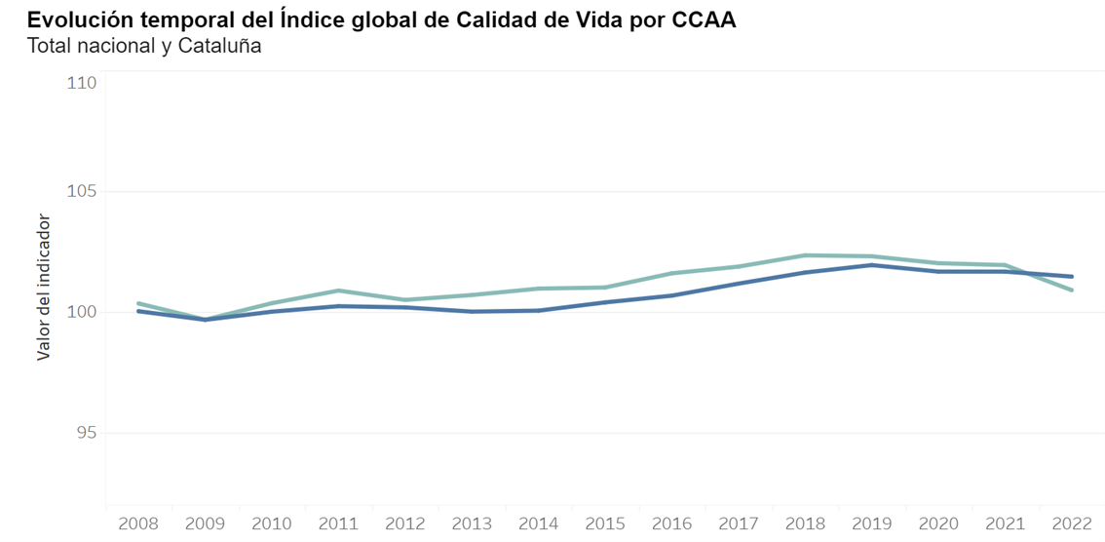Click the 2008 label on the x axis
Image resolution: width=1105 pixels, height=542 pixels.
(x=138, y=524)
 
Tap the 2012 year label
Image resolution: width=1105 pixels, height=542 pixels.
(x=405, y=524)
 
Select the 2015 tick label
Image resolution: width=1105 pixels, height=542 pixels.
(x=605, y=524)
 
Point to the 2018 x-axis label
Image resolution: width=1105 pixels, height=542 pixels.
(x=805, y=524)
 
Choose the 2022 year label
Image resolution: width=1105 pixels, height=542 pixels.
(x=1072, y=524)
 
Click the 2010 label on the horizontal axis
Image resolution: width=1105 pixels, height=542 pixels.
(x=272, y=524)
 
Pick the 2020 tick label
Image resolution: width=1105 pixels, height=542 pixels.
(x=938, y=524)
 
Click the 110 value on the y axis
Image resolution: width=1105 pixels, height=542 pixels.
(x=82, y=84)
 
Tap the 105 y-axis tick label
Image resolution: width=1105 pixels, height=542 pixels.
(x=82, y=192)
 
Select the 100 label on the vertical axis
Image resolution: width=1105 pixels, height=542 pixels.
(x=82, y=312)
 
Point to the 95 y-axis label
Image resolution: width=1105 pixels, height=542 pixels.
(x=87, y=433)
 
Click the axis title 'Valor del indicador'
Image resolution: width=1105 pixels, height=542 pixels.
(x=44, y=284)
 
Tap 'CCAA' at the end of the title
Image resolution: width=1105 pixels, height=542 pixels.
(x=704, y=19)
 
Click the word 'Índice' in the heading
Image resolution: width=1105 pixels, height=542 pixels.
(x=313, y=19)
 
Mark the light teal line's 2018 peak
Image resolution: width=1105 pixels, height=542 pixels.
(x=806, y=255)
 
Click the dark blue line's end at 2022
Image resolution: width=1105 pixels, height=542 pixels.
(x=1072, y=277)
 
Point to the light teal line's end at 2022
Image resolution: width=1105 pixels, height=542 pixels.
(x=1072, y=290)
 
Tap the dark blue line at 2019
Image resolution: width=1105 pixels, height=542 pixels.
(x=872, y=265)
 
